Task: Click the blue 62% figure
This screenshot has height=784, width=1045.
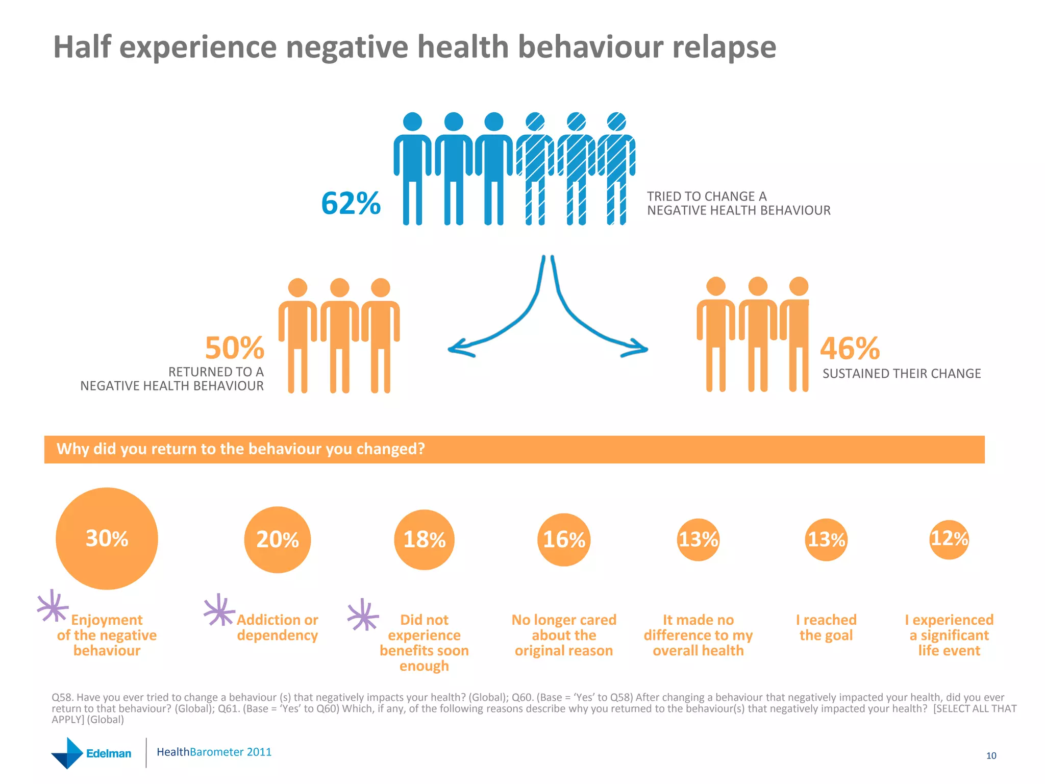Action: click(351, 203)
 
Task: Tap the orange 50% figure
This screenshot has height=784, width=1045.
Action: click(234, 348)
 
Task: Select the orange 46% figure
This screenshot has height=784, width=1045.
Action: click(850, 348)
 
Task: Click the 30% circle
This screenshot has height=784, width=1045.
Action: click(107, 538)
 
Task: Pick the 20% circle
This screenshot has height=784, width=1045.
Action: click(277, 540)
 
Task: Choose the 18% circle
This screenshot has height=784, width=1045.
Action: click(424, 540)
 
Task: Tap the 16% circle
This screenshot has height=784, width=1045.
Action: click(564, 540)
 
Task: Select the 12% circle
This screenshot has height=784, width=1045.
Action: click(949, 539)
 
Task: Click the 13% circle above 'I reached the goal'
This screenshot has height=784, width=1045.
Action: click(826, 540)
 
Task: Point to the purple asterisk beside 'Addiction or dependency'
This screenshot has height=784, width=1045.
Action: click(219, 610)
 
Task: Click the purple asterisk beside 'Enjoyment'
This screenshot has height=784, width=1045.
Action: click(53, 606)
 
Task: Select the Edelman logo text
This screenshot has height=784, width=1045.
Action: click(108, 753)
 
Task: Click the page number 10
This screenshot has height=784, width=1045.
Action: click(991, 756)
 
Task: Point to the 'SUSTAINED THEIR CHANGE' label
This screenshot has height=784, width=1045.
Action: click(901, 374)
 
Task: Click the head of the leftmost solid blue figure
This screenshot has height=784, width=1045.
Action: click(412, 122)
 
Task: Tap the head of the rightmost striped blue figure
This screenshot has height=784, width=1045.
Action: click(616, 122)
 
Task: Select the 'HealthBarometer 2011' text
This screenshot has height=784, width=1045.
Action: click(214, 752)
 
